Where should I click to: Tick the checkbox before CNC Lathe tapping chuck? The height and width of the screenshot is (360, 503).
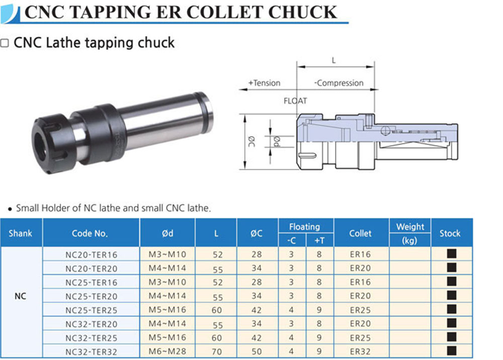(x=4, y=43)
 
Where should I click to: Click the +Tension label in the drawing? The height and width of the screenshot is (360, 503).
(x=264, y=83)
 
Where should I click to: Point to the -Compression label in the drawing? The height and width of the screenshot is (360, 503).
(x=339, y=83)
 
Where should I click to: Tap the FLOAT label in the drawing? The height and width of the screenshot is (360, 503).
(x=295, y=101)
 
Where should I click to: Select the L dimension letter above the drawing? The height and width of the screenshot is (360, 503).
(x=333, y=60)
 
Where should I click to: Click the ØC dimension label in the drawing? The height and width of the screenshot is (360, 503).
(x=251, y=141)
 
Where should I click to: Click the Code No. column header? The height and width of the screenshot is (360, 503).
(x=90, y=233)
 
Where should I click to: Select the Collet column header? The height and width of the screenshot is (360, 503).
(x=360, y=233)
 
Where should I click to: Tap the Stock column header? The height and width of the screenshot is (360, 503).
(x=450, y=233)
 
